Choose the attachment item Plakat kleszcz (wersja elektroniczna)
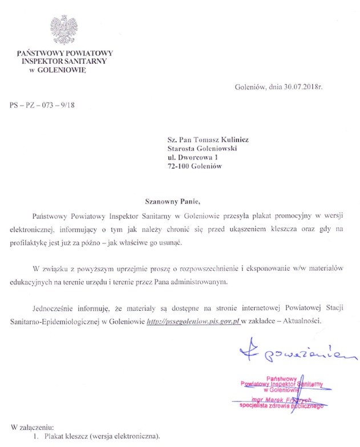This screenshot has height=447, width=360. (100, 437)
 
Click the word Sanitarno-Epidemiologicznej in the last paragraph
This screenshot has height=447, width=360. (55, 322)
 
